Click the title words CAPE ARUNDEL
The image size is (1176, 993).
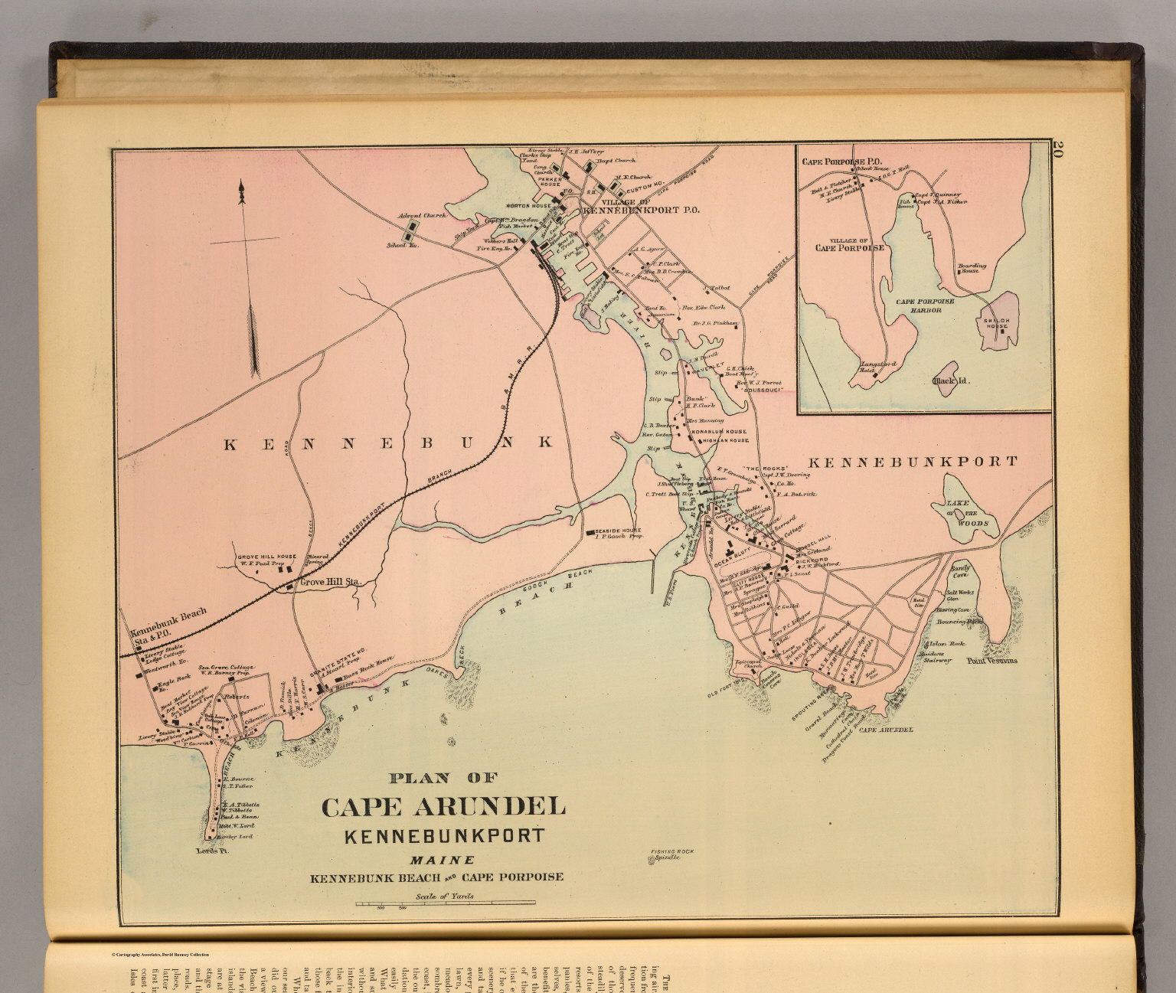[x=443, y=806]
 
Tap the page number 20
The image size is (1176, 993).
[x=1058, y=149]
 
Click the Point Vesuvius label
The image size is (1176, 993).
[x=991, y=661]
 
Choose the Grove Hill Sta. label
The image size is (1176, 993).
[x=330, y=582]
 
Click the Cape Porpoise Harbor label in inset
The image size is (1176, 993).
[x=925, y=305]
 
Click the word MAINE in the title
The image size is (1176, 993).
[x=442, y=860]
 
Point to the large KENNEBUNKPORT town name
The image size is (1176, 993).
[x=913, y=462]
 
